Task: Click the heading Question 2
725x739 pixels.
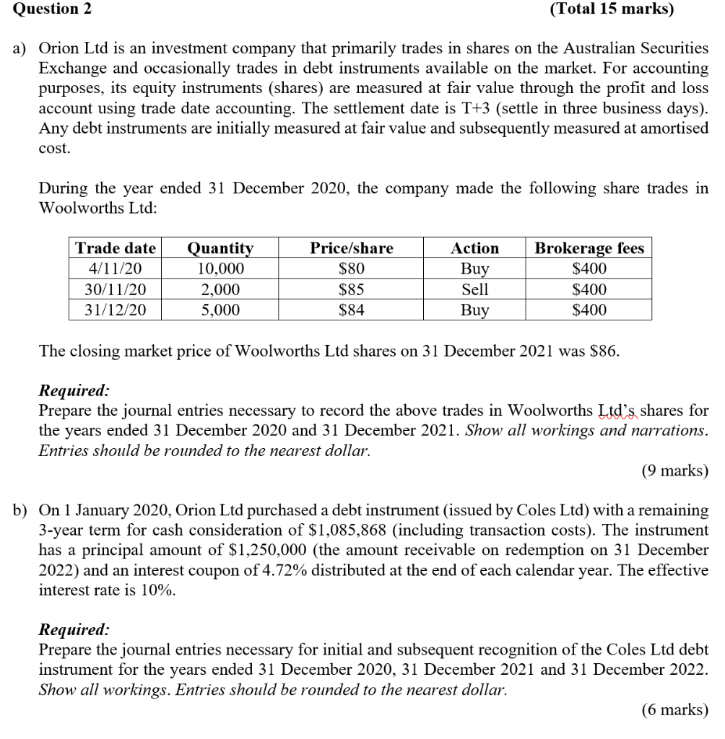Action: pos(40,9)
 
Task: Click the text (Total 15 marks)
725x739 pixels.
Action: pos(611,9)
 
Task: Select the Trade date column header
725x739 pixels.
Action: pos(116,248)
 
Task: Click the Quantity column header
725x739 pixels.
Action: pos(220,248)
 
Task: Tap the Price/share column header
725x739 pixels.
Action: pos(352,248)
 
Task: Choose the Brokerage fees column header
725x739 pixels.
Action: pos(589,248)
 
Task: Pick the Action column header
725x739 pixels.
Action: pos(474,248)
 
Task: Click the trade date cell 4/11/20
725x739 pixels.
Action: pos(116,269)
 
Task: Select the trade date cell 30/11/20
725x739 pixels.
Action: pos(116,290)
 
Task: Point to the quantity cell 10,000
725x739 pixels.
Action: pos(220,269)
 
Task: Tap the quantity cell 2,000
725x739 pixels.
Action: pos(220,290)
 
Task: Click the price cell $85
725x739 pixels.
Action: pos(352,290)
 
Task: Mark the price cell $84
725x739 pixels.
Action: pos(352,310)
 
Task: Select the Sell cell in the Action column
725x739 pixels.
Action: pos(474,290)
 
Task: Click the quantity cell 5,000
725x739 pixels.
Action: pos(220,310)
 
